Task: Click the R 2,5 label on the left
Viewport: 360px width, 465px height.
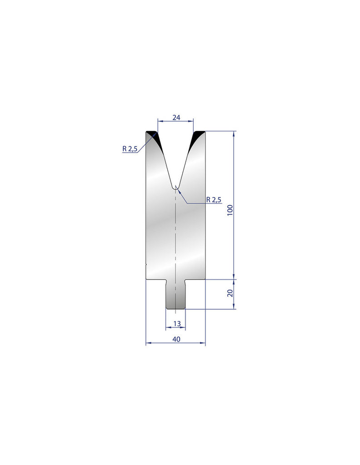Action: pyautogui.click(x=130, y=148)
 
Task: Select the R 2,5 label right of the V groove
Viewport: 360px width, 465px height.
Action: pyautogui.click(x=214, y=199)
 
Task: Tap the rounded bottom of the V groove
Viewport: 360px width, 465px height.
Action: pyautogui.click(x=175, y=187)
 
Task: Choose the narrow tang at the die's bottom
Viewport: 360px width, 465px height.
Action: pyautogui.click(x=175, y=295)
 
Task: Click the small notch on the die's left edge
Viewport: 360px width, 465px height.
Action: pyautogui.click(x=146, y=264)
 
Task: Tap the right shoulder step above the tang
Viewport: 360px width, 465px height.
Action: pyautogui.click(x=195, y=279)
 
